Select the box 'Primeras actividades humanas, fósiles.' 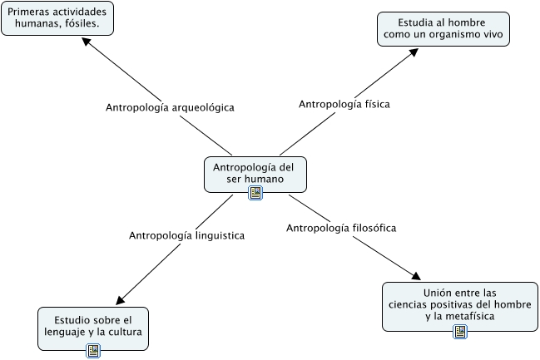point(57,17)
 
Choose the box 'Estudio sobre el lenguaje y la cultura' point(93,325)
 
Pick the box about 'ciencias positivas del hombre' point(459,303)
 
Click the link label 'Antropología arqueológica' point(171,107)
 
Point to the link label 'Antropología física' point(344,104)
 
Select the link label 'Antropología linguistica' point(186,235)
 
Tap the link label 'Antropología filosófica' point(340,227)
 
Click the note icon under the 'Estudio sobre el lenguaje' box point(93,350)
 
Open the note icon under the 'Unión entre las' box point(460,332)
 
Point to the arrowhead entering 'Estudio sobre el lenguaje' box point(119,299)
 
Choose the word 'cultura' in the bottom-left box point(123,332)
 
